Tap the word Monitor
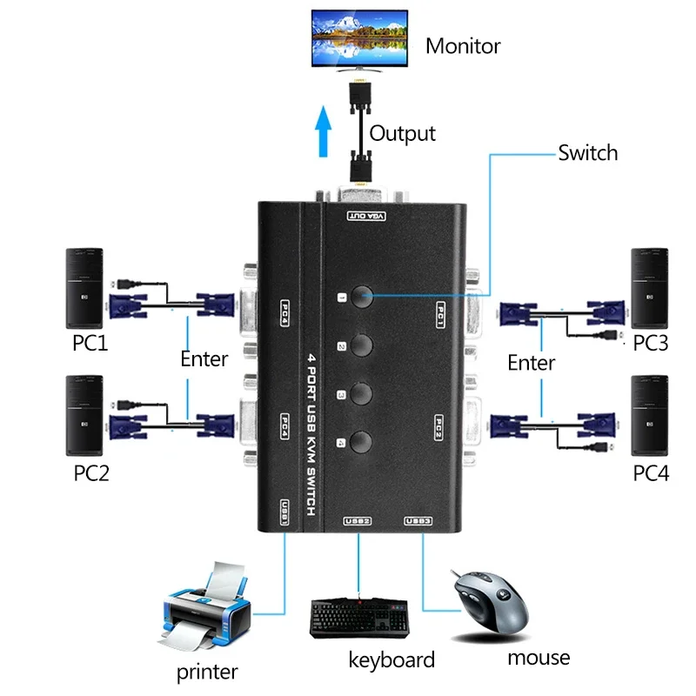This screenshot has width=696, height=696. [x=463, y=46]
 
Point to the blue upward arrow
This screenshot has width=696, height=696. [x=325, y=130]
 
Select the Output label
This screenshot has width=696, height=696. [x=402, y=133]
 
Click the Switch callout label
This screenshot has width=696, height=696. [x=588, y=153]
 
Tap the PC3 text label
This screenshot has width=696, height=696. [x=650, y=343]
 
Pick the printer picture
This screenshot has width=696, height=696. [x=205, y=609]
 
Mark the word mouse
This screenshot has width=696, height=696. [x=539, y=657]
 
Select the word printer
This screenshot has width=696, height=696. [x=207, y=672]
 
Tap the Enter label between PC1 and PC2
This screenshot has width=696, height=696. [x=204, y=358]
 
